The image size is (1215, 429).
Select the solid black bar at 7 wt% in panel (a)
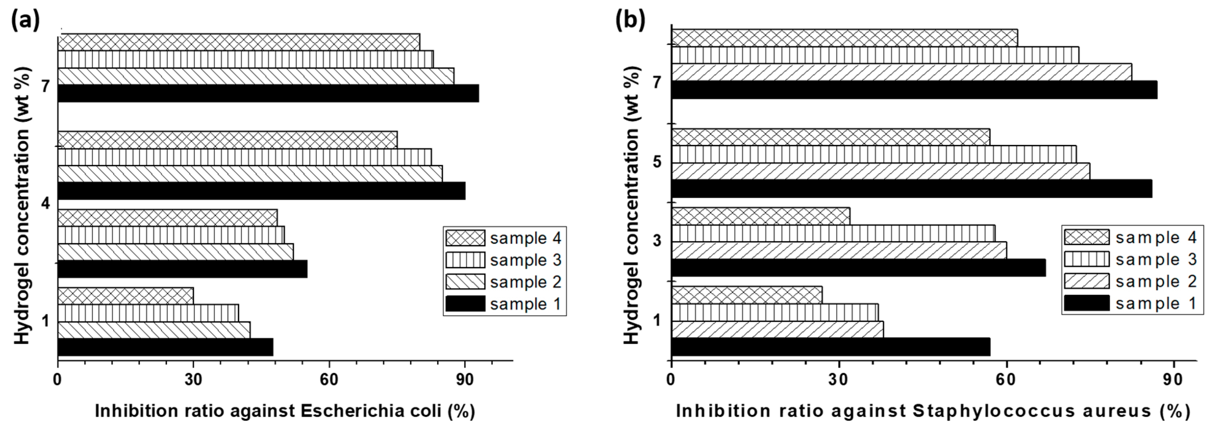point(268,93)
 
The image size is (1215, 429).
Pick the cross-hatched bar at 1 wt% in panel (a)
point(125,296)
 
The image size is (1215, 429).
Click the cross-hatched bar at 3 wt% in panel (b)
point(760,216)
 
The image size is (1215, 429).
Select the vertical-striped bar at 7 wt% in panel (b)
point(875,55)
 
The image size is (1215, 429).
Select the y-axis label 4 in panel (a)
point(46,204)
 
